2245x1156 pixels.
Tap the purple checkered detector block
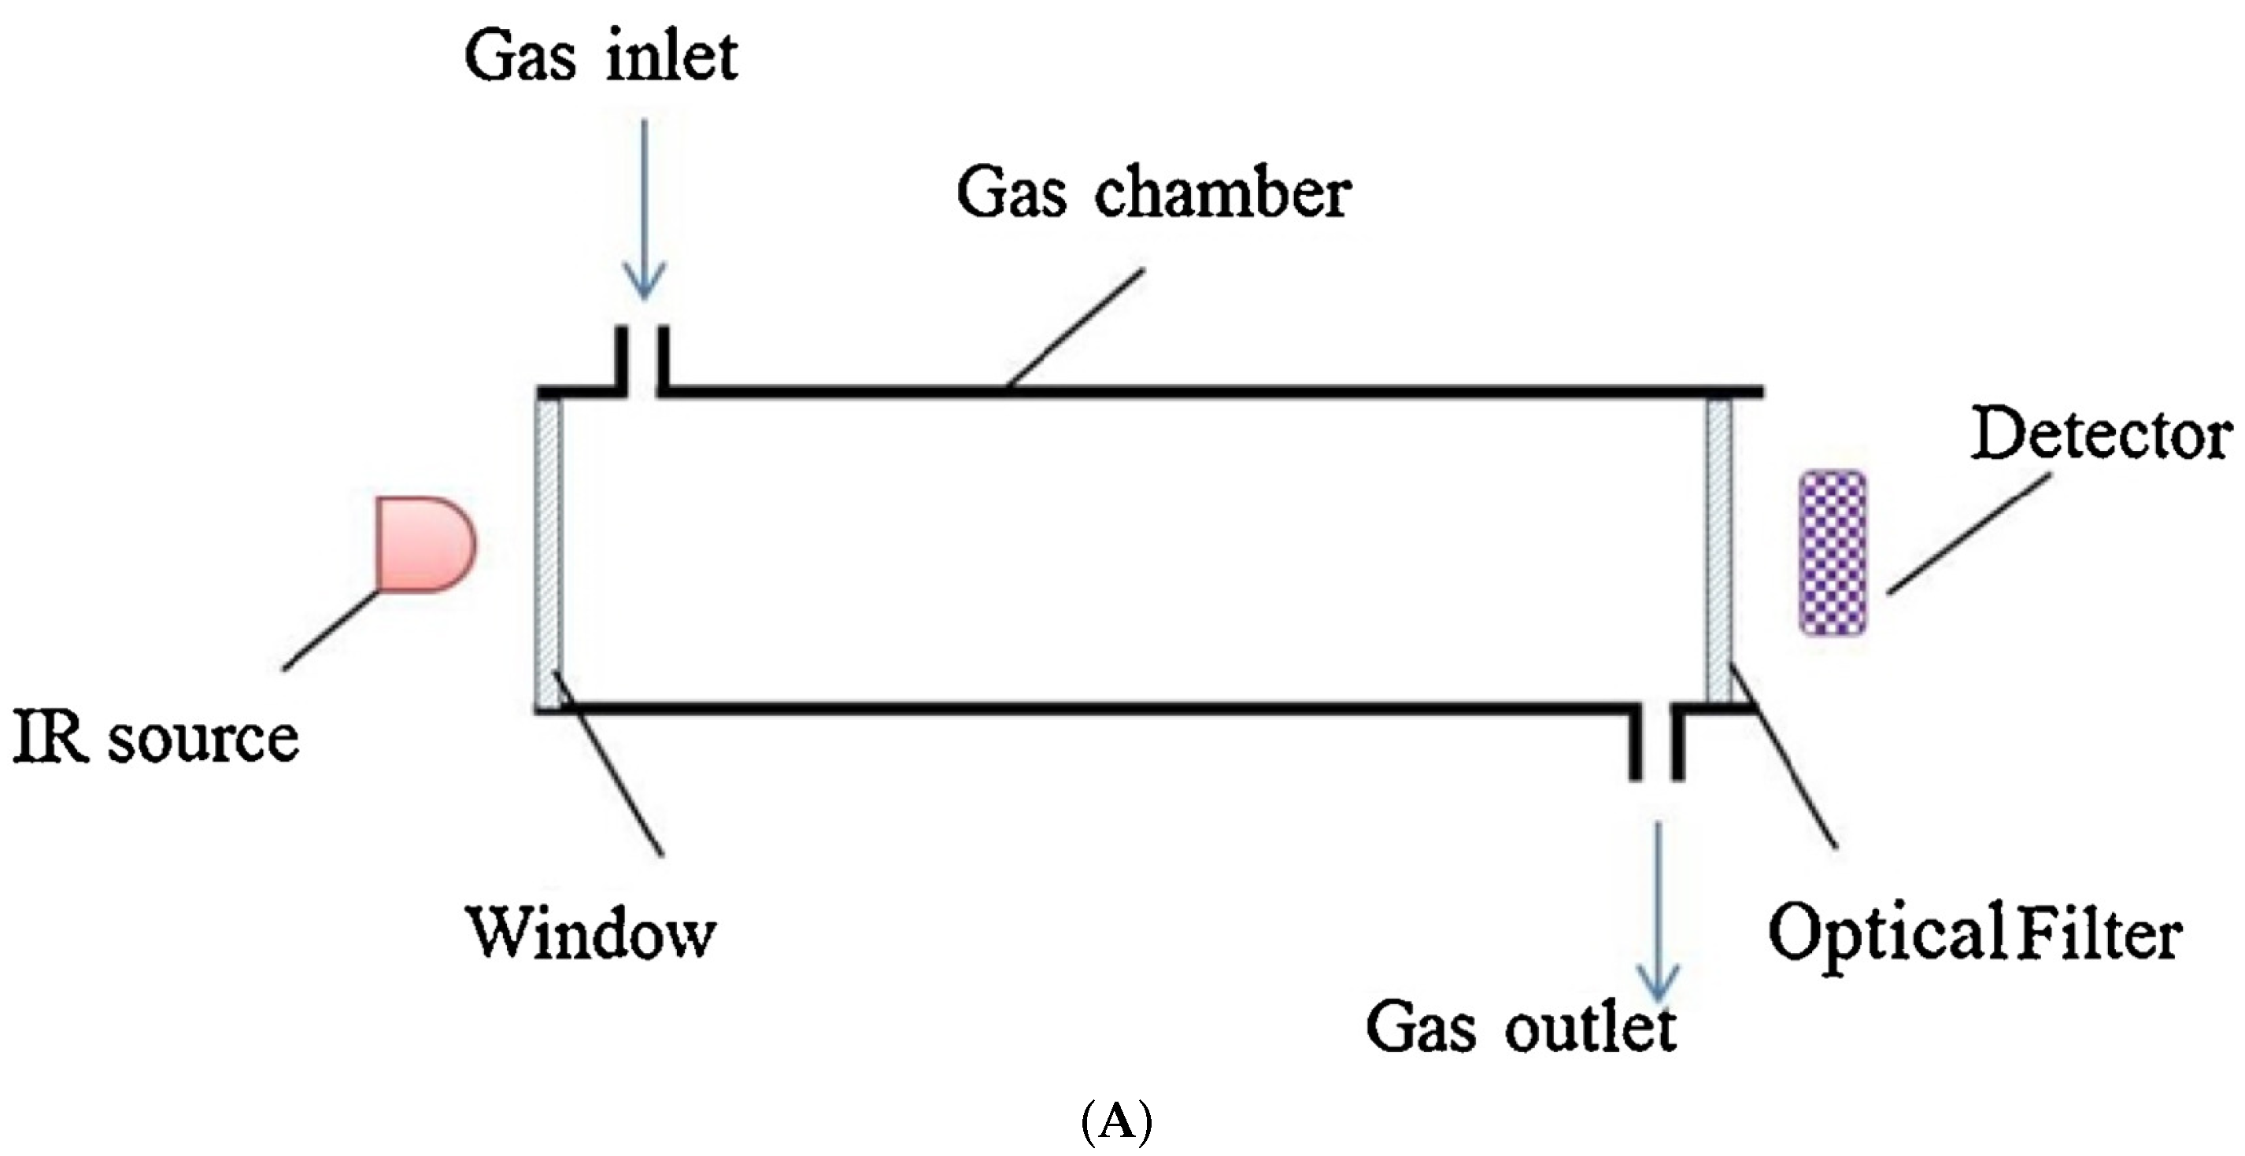point(1833,552)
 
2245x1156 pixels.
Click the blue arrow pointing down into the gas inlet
point(644,209)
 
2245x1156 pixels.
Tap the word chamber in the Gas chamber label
point(1222,194)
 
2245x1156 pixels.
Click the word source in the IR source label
point(202,740)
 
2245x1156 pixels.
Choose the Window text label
point(592,933)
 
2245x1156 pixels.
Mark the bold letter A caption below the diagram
point(1116,1125)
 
